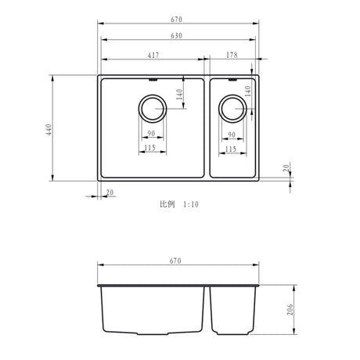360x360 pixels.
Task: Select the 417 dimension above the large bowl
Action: coord(154,55)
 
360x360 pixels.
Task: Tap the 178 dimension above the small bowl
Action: coord(232,55)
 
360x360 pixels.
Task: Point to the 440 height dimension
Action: coord(49,129)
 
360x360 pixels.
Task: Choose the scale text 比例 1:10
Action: coord(179,204)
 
